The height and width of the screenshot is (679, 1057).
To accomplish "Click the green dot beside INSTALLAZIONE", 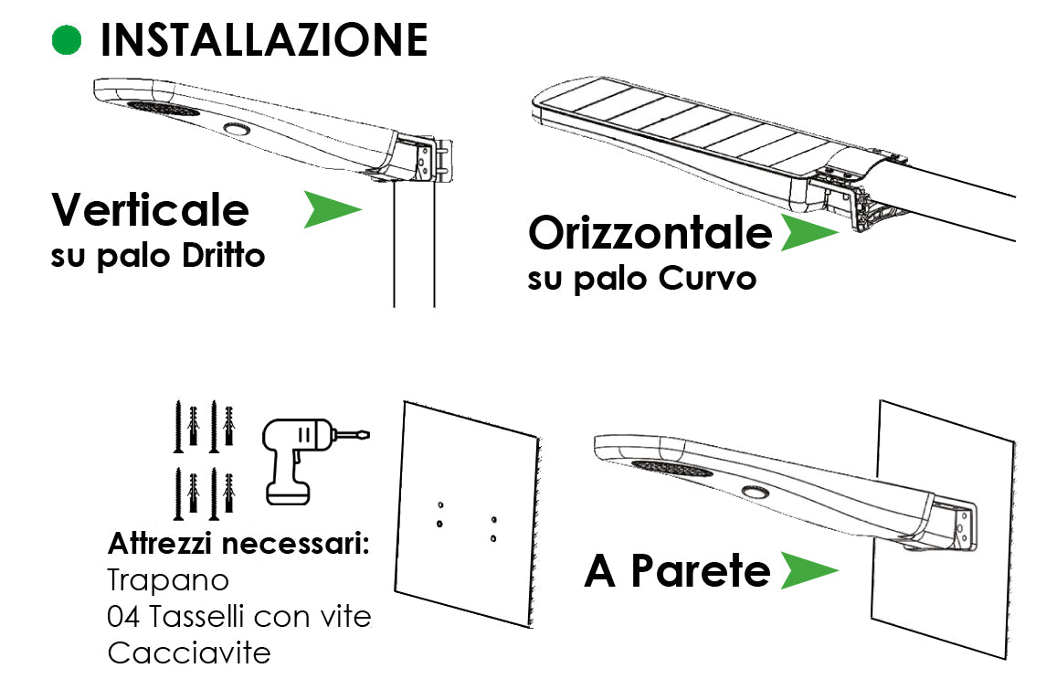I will pos(67,39).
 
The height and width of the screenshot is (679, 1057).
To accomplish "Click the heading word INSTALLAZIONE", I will pos(263,40).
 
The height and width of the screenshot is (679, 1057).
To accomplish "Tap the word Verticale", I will pos(150,210).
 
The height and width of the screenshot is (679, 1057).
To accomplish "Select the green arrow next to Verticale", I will pos(332,210).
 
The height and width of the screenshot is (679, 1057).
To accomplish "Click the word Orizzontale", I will pos(650,233).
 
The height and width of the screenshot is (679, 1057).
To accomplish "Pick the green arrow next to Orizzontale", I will pos(808,233).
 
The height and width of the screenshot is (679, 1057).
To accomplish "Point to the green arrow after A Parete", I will pos(808,571).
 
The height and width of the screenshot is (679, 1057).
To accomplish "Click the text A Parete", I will pos(677,571).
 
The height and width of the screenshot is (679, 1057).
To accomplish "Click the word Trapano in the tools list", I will pos(168,579).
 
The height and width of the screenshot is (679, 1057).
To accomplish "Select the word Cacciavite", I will pos(189,652).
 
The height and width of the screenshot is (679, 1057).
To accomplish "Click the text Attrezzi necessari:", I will pos(238,544).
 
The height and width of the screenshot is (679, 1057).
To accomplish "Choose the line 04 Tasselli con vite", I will pos(239,616).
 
